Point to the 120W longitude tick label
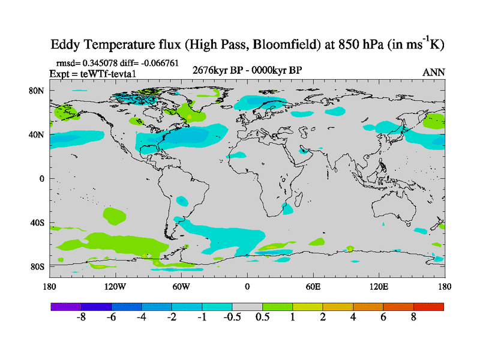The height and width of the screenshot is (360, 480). point(115,286)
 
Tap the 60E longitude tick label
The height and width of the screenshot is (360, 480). point(313,286)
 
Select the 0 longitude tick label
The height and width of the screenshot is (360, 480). point(247,286)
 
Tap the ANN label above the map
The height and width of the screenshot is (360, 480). point(434,72)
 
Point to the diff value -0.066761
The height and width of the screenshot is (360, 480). point(160,62)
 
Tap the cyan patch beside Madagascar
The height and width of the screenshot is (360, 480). point(289,209)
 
